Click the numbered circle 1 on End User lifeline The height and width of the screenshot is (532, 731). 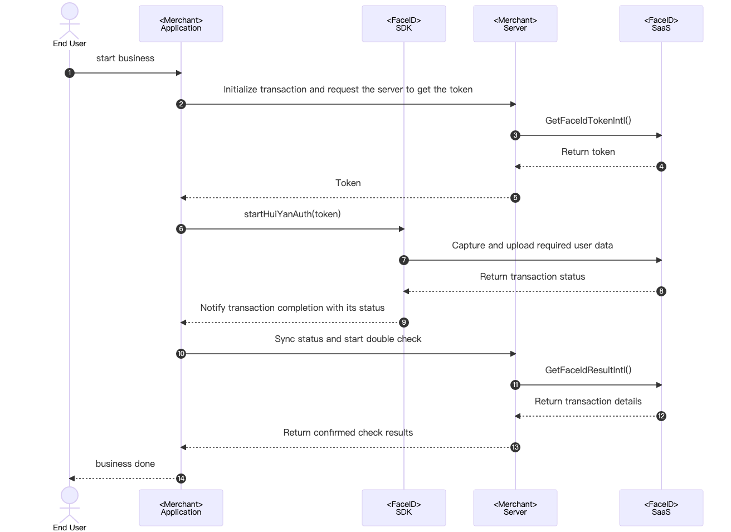click(70, 73)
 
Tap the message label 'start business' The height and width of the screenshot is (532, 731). click(125, 58)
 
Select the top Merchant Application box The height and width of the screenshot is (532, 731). click(181, 24)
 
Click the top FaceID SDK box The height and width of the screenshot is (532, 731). click(403, 24)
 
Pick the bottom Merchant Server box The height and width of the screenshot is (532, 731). click(515, 508)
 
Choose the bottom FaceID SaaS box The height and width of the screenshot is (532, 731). click(661, 508)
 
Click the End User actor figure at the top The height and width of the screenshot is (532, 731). click(70, 19)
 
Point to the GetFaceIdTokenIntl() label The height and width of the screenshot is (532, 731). click(588, 121)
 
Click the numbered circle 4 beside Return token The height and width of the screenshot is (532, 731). click(661, 167)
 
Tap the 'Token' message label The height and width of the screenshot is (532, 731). click(348, 183)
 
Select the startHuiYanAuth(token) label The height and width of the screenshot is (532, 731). click(292, 214)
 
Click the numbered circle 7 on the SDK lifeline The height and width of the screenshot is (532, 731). click(404, 260)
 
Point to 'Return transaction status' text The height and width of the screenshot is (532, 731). click(532, 277)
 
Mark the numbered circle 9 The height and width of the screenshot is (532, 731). click(404, 323)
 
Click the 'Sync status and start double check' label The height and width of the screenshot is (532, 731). click(348, 339)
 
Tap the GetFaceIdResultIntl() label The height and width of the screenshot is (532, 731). click(588, 370)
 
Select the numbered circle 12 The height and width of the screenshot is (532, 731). click(661, 416)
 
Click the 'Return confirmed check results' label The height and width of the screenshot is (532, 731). click(348, 433)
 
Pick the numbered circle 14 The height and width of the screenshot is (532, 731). click(181, 479)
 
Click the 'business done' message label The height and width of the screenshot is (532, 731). click(125, 464)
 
